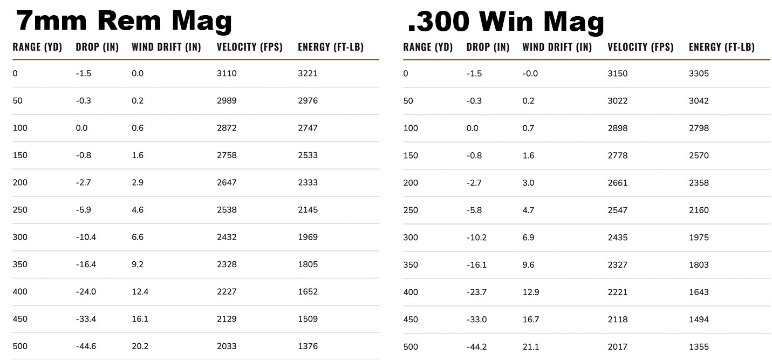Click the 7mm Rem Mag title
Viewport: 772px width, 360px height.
click(x=124, y=21)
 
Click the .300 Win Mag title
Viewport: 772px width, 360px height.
click(x=505, y=22)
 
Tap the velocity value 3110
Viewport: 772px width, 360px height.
click(x=227, y=73)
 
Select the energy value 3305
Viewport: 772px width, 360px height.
click(x=699, y=73)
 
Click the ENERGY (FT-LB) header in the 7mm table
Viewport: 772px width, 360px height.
click(x=330, y=47)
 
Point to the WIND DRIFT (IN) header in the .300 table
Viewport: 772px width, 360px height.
click(x=557, y=47)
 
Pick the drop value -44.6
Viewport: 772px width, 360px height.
click(x=86, y=346)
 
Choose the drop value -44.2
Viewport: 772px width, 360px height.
click(x=476, y=347)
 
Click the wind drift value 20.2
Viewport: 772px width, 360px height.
click(x=140, y=346)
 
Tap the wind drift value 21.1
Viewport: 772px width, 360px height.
click(x=530, y=347)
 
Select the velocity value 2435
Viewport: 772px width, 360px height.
click(x=617, y=237)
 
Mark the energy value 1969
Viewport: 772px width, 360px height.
click(x=308, y=237)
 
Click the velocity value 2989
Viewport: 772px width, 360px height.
click(x=227, y=100)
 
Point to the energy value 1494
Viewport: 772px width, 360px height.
click(x=699, y=319)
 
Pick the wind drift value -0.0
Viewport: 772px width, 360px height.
click(x=530, y=73)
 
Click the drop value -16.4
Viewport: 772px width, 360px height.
click(x=86, y=264)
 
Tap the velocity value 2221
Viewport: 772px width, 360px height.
click(x=617, y=292)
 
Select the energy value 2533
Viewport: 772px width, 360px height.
click(x=308, y=155)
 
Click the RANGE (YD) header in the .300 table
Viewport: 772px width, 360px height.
click(x=427, y=47)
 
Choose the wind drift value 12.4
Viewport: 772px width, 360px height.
click(x=140, y=291)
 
